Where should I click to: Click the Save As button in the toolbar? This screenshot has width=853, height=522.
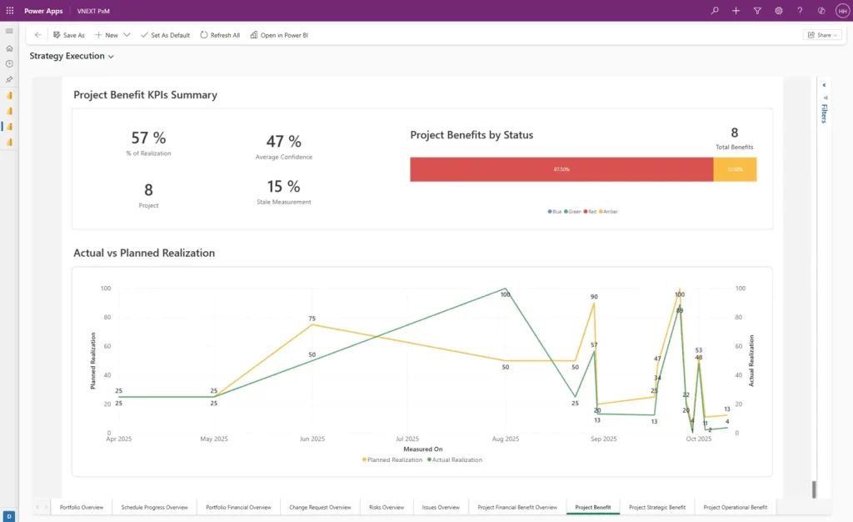(68, 35)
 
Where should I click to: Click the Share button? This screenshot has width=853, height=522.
(821, 35)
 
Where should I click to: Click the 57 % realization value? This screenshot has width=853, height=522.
(148, 138)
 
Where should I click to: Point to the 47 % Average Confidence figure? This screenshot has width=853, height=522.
(283, 142)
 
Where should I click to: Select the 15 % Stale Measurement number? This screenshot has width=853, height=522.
(283, 186)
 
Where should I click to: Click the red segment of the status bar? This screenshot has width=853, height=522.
(561, 169)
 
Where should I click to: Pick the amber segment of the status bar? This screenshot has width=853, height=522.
(735, 169)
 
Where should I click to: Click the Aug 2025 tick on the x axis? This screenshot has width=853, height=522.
(505, 439)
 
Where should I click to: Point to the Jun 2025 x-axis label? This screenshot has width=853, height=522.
(312, 439)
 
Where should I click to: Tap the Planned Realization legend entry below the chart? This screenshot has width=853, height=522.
(392, 459)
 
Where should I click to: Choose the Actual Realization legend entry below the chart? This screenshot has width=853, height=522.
(455, 459)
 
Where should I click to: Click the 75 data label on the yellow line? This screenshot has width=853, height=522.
(312, 319)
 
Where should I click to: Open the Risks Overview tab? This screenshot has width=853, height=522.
(387, 507)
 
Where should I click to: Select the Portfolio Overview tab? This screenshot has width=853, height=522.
(82, 507)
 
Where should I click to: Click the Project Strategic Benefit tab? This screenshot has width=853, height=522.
(657, 507)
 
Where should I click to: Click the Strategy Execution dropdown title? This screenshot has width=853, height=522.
(72, 56)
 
